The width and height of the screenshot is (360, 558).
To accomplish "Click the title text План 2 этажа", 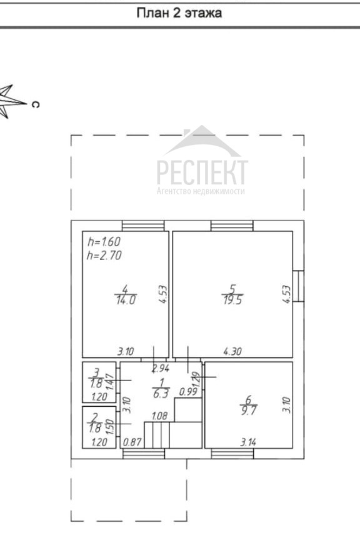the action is pyautogui.click(x=179, y=13).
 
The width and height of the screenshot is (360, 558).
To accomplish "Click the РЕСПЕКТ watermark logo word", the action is pyautogui.click(x=202, y=172).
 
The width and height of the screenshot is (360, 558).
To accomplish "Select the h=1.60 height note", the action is pyautogui.click(x=104, y=242).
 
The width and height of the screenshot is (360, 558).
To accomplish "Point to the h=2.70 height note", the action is pyautogui.click(x=104, y=255).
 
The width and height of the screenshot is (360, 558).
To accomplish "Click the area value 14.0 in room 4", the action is pyautogui.click(x=126, y=300).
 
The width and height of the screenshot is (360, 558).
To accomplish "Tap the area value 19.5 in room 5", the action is pyautogui.click(x=232, y=300).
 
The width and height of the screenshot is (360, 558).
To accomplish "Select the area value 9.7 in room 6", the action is pyautogui.click(x=249, y=411).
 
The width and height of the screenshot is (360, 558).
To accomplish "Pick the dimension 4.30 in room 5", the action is pyautogui.click(x=232, y=352).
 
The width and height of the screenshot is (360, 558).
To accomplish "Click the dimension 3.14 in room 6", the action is pyautogui.click(x=248, y=442).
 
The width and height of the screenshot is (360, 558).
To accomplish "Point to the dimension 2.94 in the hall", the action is pyautogui.click(x=161, y=368).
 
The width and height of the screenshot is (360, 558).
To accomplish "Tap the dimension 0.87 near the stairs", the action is pyautogui.click(x=132, y=442).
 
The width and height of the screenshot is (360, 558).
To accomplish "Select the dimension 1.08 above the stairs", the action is pyautogui.click(x=159, y=416).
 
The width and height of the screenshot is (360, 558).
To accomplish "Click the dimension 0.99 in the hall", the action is pyautogui.click(x=188, y=392).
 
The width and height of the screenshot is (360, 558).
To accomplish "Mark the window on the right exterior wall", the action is pyautogui.click(x=298, y=286).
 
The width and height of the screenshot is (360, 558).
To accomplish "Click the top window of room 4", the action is pyautogui.click(x=143, y=226).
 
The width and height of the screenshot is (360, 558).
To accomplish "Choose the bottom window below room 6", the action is pyautogui.click(x=232, y=454).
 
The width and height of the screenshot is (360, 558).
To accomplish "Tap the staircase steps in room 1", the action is pyautogui.click(x=157, y=435).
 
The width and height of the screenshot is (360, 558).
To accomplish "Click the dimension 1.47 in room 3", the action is pyautogui.click(x=110, y=382).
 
